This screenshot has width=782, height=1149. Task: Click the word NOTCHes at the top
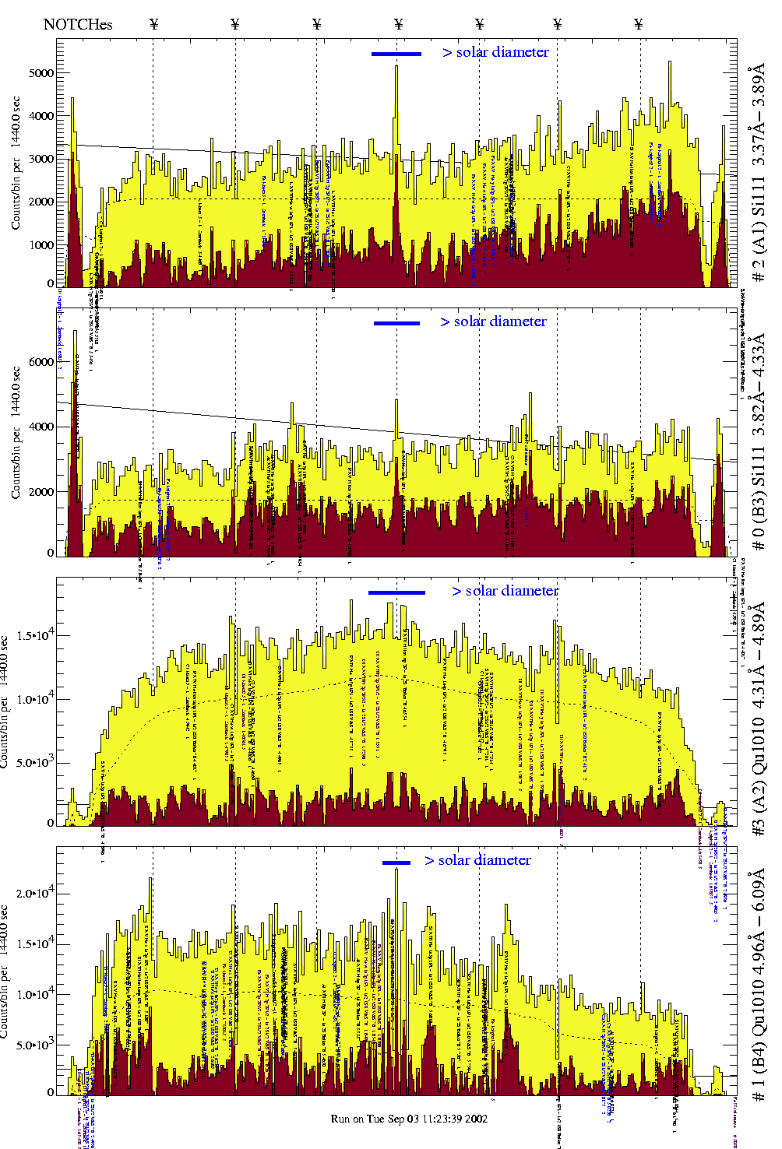tap(78, 24)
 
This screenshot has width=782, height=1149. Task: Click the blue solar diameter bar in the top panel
tap(396, 54)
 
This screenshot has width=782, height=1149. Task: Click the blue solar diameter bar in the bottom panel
tap(396, 862)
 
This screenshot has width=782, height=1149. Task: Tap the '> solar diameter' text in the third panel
tap(505, 591)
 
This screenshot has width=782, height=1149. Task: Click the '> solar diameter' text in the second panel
tap(493, 322)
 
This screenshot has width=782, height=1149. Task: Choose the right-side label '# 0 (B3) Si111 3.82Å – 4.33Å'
tap(758, 441)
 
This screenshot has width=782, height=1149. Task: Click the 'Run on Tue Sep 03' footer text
tap(409, 1119)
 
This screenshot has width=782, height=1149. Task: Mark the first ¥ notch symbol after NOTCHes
tap(153, 24)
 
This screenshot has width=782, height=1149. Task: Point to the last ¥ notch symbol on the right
tap(639, 24)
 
